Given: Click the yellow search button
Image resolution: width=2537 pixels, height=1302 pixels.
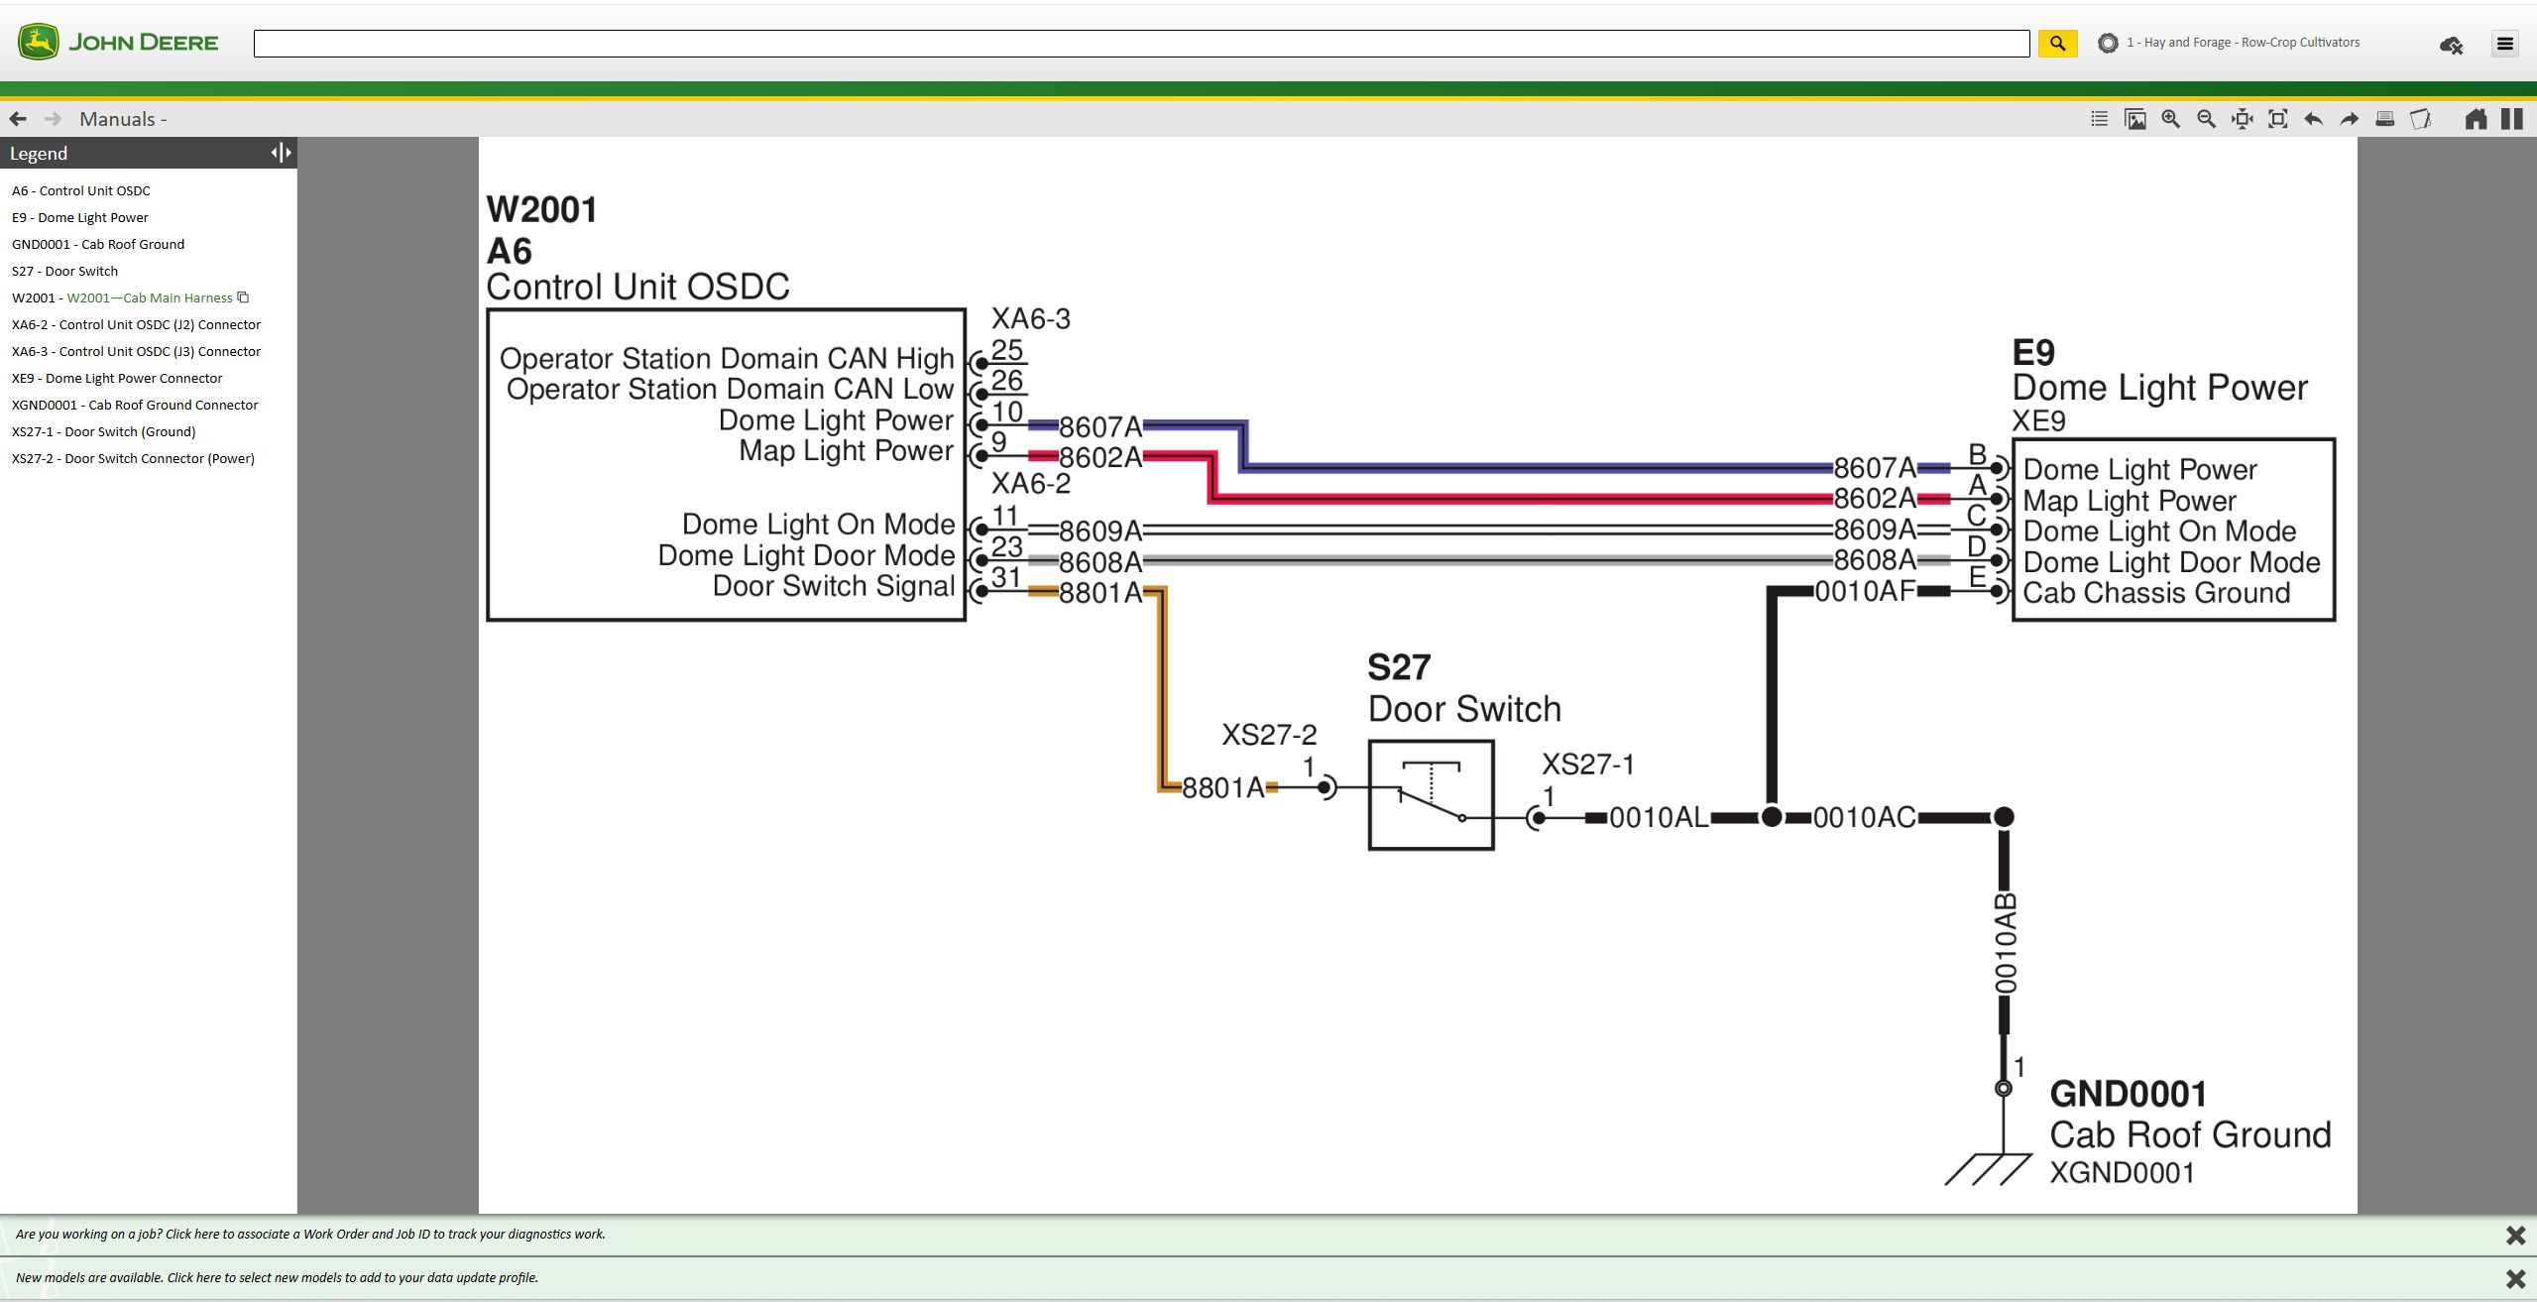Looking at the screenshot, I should tap(2057, 44).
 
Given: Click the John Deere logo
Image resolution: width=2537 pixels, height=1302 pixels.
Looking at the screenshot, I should tap(118, 43).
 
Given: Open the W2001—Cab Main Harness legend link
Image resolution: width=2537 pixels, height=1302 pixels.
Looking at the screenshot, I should tap(150, 297).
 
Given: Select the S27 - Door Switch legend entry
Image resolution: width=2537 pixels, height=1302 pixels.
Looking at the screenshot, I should tap(64, 271).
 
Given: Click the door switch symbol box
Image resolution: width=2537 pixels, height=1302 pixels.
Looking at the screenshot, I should tap(1431, 794).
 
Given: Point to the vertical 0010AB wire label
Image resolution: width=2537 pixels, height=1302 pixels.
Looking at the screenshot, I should tap(2005, 943).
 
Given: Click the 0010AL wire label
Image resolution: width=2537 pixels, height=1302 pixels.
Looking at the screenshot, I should tap(1658, 818).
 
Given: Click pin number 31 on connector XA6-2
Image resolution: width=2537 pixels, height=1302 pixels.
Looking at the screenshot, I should tap(1005, 577).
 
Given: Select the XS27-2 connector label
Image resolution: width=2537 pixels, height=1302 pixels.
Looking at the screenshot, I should tap(1268, 735).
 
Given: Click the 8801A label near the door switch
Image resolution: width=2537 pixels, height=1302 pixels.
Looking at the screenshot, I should tap(1222, 788).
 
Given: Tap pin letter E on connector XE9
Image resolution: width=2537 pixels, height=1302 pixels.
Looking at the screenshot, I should tap(1976, 577).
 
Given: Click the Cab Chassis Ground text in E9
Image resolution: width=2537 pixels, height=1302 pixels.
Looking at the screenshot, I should tap(2156, 593).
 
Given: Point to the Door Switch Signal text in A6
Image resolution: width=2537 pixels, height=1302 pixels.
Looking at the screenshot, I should tap(833, 586).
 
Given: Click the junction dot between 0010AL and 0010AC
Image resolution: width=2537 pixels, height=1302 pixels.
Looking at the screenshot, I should tap(1772, 817).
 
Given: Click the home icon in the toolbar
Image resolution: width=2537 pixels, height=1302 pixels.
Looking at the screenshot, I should tap(2476, 119).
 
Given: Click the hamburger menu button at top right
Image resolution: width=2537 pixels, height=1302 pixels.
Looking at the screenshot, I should tap(2504, 44).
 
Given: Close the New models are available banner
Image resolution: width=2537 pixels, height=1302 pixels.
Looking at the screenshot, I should tap(2514, 1278).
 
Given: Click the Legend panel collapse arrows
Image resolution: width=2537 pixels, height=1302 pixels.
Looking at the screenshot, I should tap(281, 153).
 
